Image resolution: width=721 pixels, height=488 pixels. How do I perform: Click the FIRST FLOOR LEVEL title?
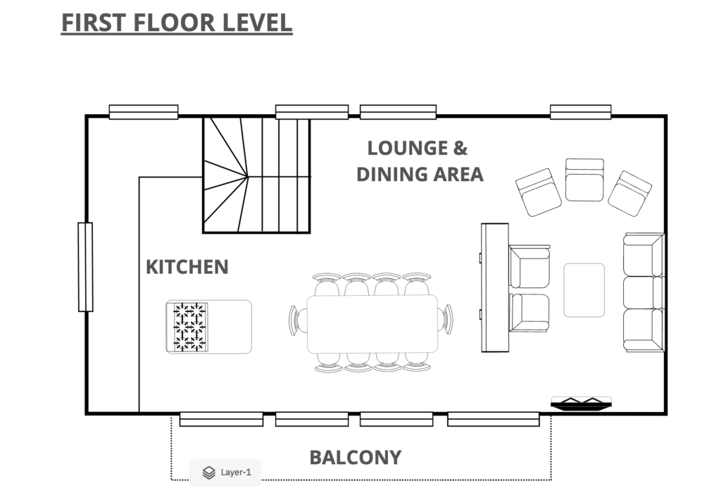(x=177, y=23)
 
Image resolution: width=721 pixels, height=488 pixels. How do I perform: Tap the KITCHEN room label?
(x=187, y=267)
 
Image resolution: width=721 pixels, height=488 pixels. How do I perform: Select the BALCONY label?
(x=356, y=458)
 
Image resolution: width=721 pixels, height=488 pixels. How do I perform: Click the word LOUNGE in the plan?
(x=401, y=148)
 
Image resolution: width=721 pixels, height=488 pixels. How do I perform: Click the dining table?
(x=372, y=324)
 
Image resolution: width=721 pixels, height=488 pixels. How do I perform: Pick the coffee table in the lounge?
(x=584, y=290)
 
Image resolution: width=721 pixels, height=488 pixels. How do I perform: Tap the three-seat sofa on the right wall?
(x=644, y=292)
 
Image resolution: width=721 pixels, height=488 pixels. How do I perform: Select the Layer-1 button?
(x=225, y=473)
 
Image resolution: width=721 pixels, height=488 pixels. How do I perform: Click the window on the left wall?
(x=85, y=267)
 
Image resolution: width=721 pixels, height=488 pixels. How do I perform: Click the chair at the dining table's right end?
(x=446, y=319)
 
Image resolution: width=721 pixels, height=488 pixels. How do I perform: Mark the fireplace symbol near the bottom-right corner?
(x=581, y=403)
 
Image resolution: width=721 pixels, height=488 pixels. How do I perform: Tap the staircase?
(x=256, y=175)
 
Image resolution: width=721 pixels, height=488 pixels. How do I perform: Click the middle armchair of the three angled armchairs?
(x=584, y=180)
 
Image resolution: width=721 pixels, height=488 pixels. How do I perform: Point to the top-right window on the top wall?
(x=581, y=112)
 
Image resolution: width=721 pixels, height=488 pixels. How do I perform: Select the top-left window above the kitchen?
(x=144, y=112)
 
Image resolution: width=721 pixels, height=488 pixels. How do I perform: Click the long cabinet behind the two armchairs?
(x=495, y=288)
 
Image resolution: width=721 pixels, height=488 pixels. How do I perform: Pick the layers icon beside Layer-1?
(x=208, y=473)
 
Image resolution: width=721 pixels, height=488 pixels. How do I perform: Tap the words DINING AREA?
(x=420, y=175)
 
